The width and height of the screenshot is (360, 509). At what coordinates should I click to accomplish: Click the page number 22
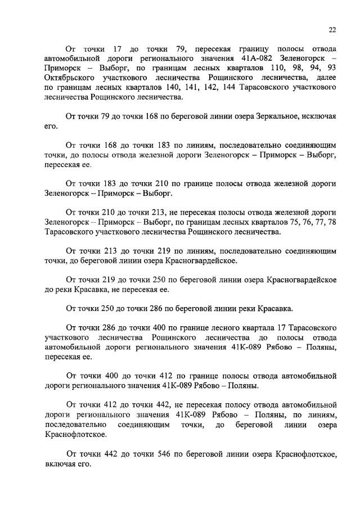332,30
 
